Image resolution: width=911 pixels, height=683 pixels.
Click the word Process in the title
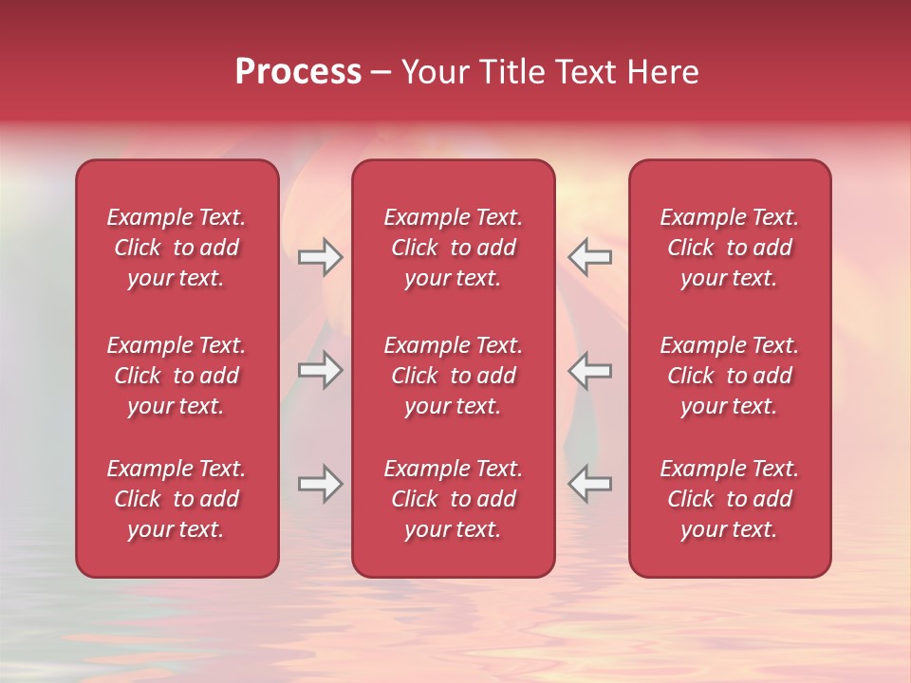[298, 72]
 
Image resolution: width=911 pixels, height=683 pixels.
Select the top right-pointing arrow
[320, 257]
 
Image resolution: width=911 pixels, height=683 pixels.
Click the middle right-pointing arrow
[320, 370]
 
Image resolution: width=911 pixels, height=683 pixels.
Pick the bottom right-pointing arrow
[320, 484]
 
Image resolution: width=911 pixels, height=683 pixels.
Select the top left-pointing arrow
[590, 257]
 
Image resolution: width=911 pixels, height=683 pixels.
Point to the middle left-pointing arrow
[590, 370]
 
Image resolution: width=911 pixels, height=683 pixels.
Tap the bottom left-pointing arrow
[590, 484]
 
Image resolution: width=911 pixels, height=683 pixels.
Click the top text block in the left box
[177, 248]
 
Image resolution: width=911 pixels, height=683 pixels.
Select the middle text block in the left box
[177, 376]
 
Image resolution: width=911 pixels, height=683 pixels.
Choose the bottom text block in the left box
[177, 499]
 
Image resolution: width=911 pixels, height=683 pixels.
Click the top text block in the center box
[453, 248]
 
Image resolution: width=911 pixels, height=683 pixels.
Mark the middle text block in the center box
[453, 376]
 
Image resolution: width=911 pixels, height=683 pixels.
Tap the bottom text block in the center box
[453, 499]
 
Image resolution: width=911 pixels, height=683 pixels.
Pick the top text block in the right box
[729, 248]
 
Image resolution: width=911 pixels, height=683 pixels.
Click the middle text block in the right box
[729, 376]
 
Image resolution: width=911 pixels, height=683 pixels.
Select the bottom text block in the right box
[729, 499]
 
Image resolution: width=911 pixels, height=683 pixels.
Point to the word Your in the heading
[436, 72]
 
